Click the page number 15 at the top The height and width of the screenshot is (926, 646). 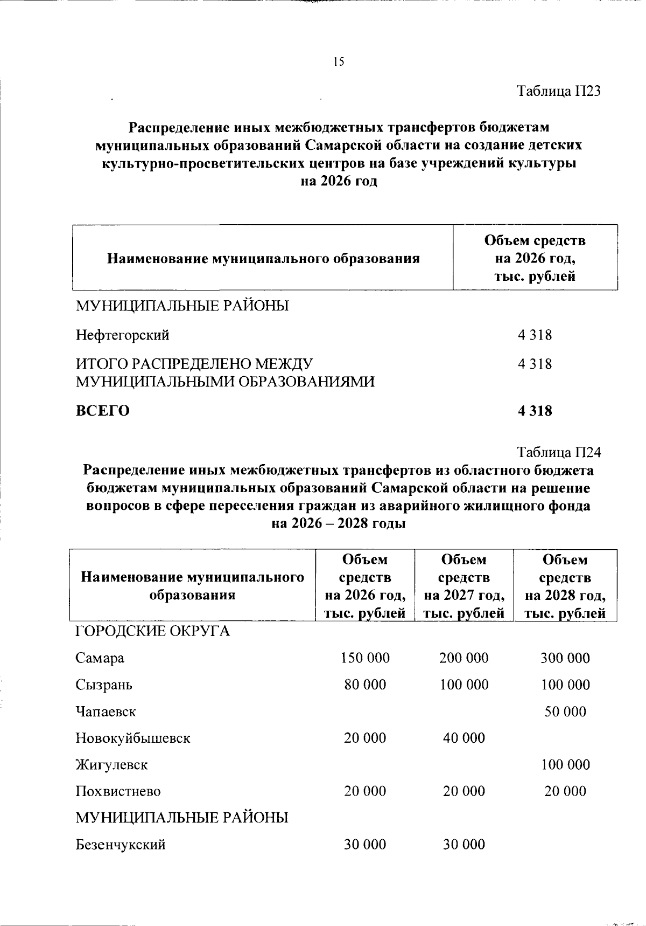click(338, 62)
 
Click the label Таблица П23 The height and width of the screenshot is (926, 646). click(559, 91)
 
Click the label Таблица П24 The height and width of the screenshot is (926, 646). click(559, 452)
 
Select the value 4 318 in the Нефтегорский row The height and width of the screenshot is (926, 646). click(535, 335)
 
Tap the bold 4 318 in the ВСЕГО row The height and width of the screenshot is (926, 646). click(535, 411)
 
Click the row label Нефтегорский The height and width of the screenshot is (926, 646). click(122, 335)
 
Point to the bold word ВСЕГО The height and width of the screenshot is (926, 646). click(102, 411)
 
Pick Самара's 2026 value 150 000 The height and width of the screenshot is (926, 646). click(365, 658)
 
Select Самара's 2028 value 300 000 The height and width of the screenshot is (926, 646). click(565, 658)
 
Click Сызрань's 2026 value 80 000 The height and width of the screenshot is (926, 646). click(365, 685)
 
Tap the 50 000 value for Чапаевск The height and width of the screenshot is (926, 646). click(565, 711)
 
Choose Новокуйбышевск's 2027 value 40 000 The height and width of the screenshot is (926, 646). click(464, 738)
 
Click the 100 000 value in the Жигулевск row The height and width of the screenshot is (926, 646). click(565, 764)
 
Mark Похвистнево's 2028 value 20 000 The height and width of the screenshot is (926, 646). click(565, 791)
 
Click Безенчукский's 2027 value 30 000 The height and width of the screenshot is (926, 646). click(464, 845)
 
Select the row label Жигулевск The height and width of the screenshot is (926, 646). click(111, 764)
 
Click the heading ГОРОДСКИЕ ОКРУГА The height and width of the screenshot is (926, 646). click(152, 631)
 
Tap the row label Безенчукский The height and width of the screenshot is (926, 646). click(120, 845)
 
